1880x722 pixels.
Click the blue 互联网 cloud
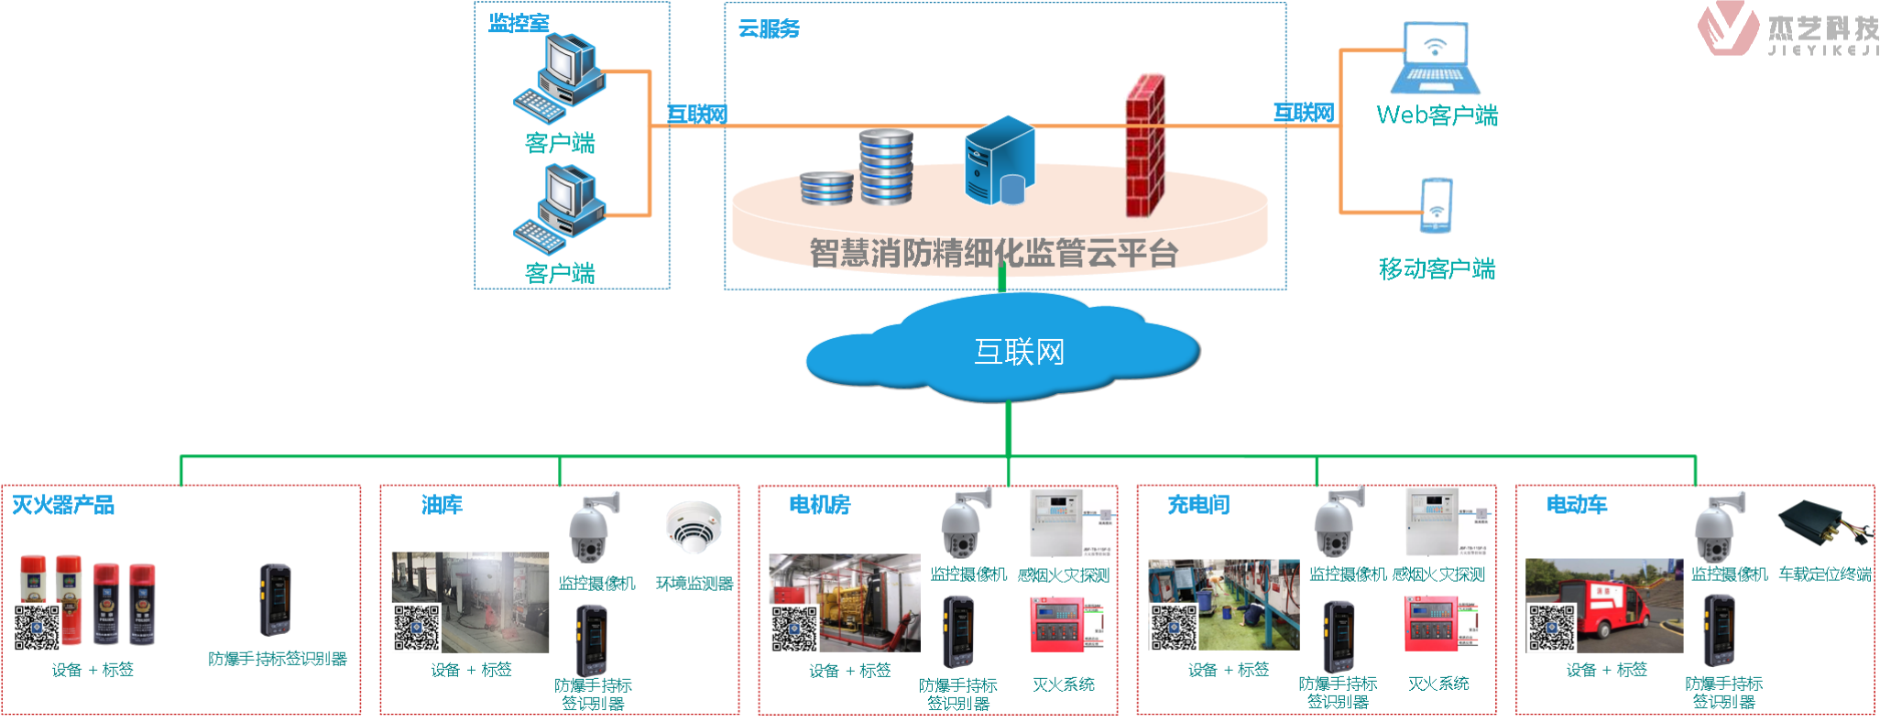pos(1003,350)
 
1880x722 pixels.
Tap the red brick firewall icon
pos(1145,147)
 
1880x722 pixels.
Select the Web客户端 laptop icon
pos(1435,59)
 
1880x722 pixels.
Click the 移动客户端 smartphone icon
pos(1436,205)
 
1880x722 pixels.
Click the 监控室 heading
pos(519,23)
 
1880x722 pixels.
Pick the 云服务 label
pos(769,29)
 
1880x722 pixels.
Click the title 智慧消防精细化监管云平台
pos(993,253)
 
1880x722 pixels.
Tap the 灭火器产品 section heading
pos(63,505)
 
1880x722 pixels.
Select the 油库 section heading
pos(442,505)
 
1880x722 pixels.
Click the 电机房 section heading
pos(820,505)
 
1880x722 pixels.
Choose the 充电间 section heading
pos(1198,505)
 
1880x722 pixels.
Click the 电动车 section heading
pos(1577,505)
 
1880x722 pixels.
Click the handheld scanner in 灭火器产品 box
pos(275,600)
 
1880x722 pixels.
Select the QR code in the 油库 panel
pos(417,628)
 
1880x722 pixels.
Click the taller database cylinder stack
pos(886,166)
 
